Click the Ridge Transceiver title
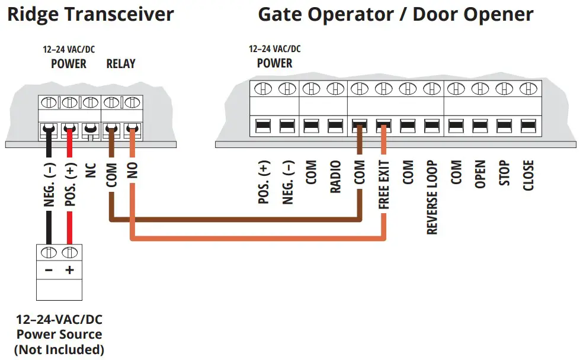pos(90,14)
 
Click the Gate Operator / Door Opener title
pos(395,14)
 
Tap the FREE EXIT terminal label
pos(384,184)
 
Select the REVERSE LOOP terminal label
pos(432,197)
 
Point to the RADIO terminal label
pos(335,176)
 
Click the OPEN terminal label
pos(480,175)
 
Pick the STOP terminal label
pos(504,173)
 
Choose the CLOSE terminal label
pos(528,175)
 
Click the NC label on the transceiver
pos(90,171)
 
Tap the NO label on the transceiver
pos(132,171)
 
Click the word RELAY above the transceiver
pos(121,63)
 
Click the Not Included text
pos(59,350)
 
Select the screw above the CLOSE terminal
pos(527,89)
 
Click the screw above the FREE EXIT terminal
pos(383,89)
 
